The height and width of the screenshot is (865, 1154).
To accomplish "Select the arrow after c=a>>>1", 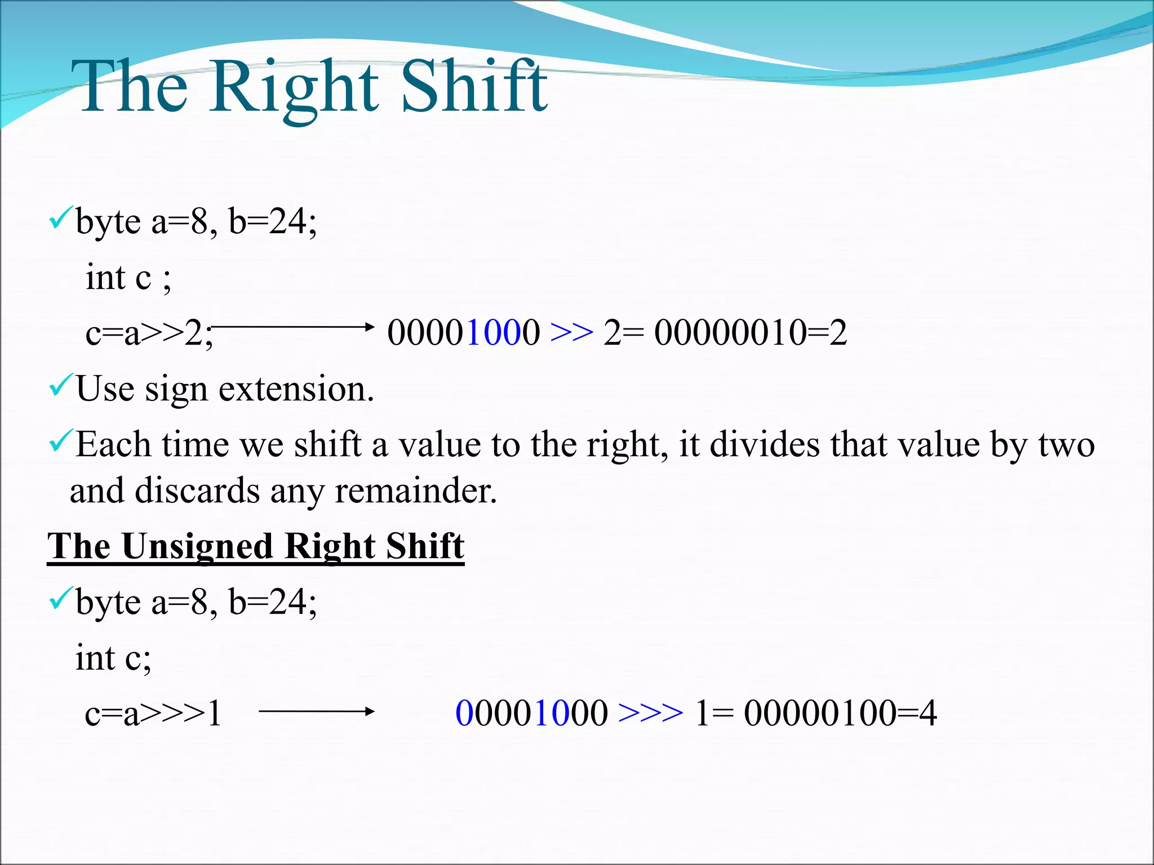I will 316,711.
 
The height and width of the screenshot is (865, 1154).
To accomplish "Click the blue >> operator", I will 571,332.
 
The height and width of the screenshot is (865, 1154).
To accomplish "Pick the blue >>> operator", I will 650,713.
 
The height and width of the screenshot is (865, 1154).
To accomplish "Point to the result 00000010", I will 730,332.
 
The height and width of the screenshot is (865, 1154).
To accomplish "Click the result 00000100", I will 820,713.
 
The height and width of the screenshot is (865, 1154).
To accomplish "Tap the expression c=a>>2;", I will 149,333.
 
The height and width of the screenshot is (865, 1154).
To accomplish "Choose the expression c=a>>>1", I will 153,714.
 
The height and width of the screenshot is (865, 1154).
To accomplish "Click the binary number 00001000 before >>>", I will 531,713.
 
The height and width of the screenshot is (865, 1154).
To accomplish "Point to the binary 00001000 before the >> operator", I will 463,332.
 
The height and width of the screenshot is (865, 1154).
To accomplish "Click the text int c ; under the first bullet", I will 128,277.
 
